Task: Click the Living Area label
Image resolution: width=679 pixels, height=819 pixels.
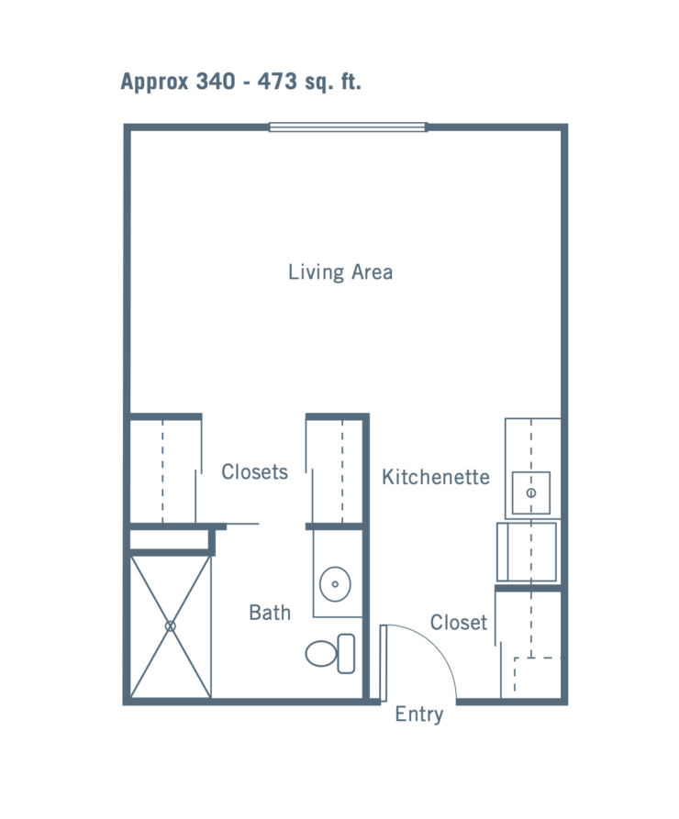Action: [x=340, y=272]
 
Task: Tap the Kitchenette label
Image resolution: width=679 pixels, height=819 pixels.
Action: [x=435, y=477]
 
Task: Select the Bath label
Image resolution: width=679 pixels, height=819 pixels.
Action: [x=270, y=612]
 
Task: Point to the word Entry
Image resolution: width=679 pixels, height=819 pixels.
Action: [x=419, y=715]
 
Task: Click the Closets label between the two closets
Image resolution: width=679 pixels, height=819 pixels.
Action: [x=254, y=472]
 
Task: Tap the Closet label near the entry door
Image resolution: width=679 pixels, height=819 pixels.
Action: [x=459, y=623]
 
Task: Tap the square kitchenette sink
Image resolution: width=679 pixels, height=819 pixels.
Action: [x=530, y=493]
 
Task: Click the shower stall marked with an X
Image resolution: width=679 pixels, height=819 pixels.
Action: [x=171, y=625]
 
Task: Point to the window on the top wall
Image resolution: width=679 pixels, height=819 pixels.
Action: [x=349, y=127]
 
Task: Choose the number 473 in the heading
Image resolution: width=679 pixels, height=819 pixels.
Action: [x=277, y=82]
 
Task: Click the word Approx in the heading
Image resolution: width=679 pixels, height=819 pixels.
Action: [x=154, y=82]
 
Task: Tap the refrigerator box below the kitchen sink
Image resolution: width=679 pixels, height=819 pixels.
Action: [x=527, y=551]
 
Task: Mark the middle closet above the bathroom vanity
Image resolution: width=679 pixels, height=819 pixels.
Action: [x=337, y=470]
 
